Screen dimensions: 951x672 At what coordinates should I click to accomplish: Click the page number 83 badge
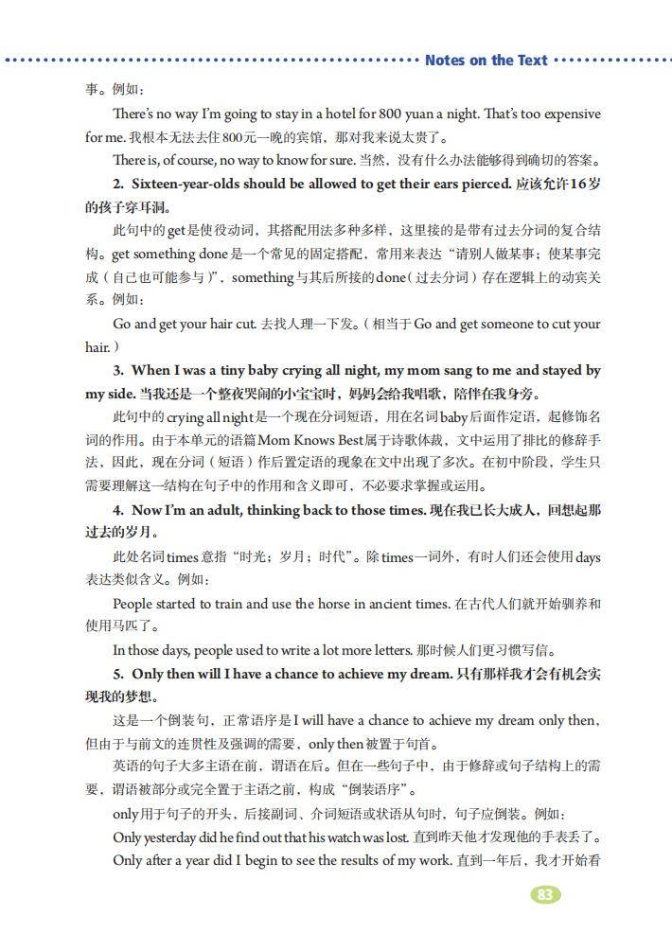click(x=545, y=895)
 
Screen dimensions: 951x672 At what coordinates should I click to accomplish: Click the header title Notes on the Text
click(x=486, y=61)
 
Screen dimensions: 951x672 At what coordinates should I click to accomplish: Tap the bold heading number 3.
click(x=117, y=370)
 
